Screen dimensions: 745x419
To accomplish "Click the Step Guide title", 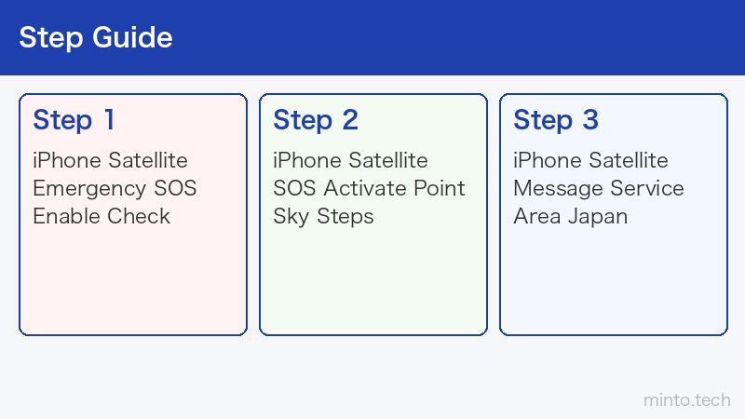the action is coord(96,38).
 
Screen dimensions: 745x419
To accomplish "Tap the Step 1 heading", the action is coord(74,120).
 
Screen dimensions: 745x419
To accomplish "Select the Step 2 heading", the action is coord(316,120).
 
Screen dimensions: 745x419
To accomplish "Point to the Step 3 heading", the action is coord(556,120).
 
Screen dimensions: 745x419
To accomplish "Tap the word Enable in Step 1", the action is coord(66,216).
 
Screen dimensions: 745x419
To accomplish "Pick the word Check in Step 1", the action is coord(139,216).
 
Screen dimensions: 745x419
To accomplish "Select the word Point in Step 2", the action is coord(440,188).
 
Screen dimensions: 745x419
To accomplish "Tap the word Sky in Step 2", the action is coord(291,218).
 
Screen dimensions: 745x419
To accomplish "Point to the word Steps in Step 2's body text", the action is coord(345,218).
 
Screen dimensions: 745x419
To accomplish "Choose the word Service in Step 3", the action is coord(647,188).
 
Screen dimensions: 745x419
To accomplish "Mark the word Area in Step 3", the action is coord(537,216).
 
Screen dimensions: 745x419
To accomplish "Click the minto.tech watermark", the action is coord(687,400).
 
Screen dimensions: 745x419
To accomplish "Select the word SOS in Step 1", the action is coord(175,188).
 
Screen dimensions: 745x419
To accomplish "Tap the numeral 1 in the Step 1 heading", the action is coord(109,120).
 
